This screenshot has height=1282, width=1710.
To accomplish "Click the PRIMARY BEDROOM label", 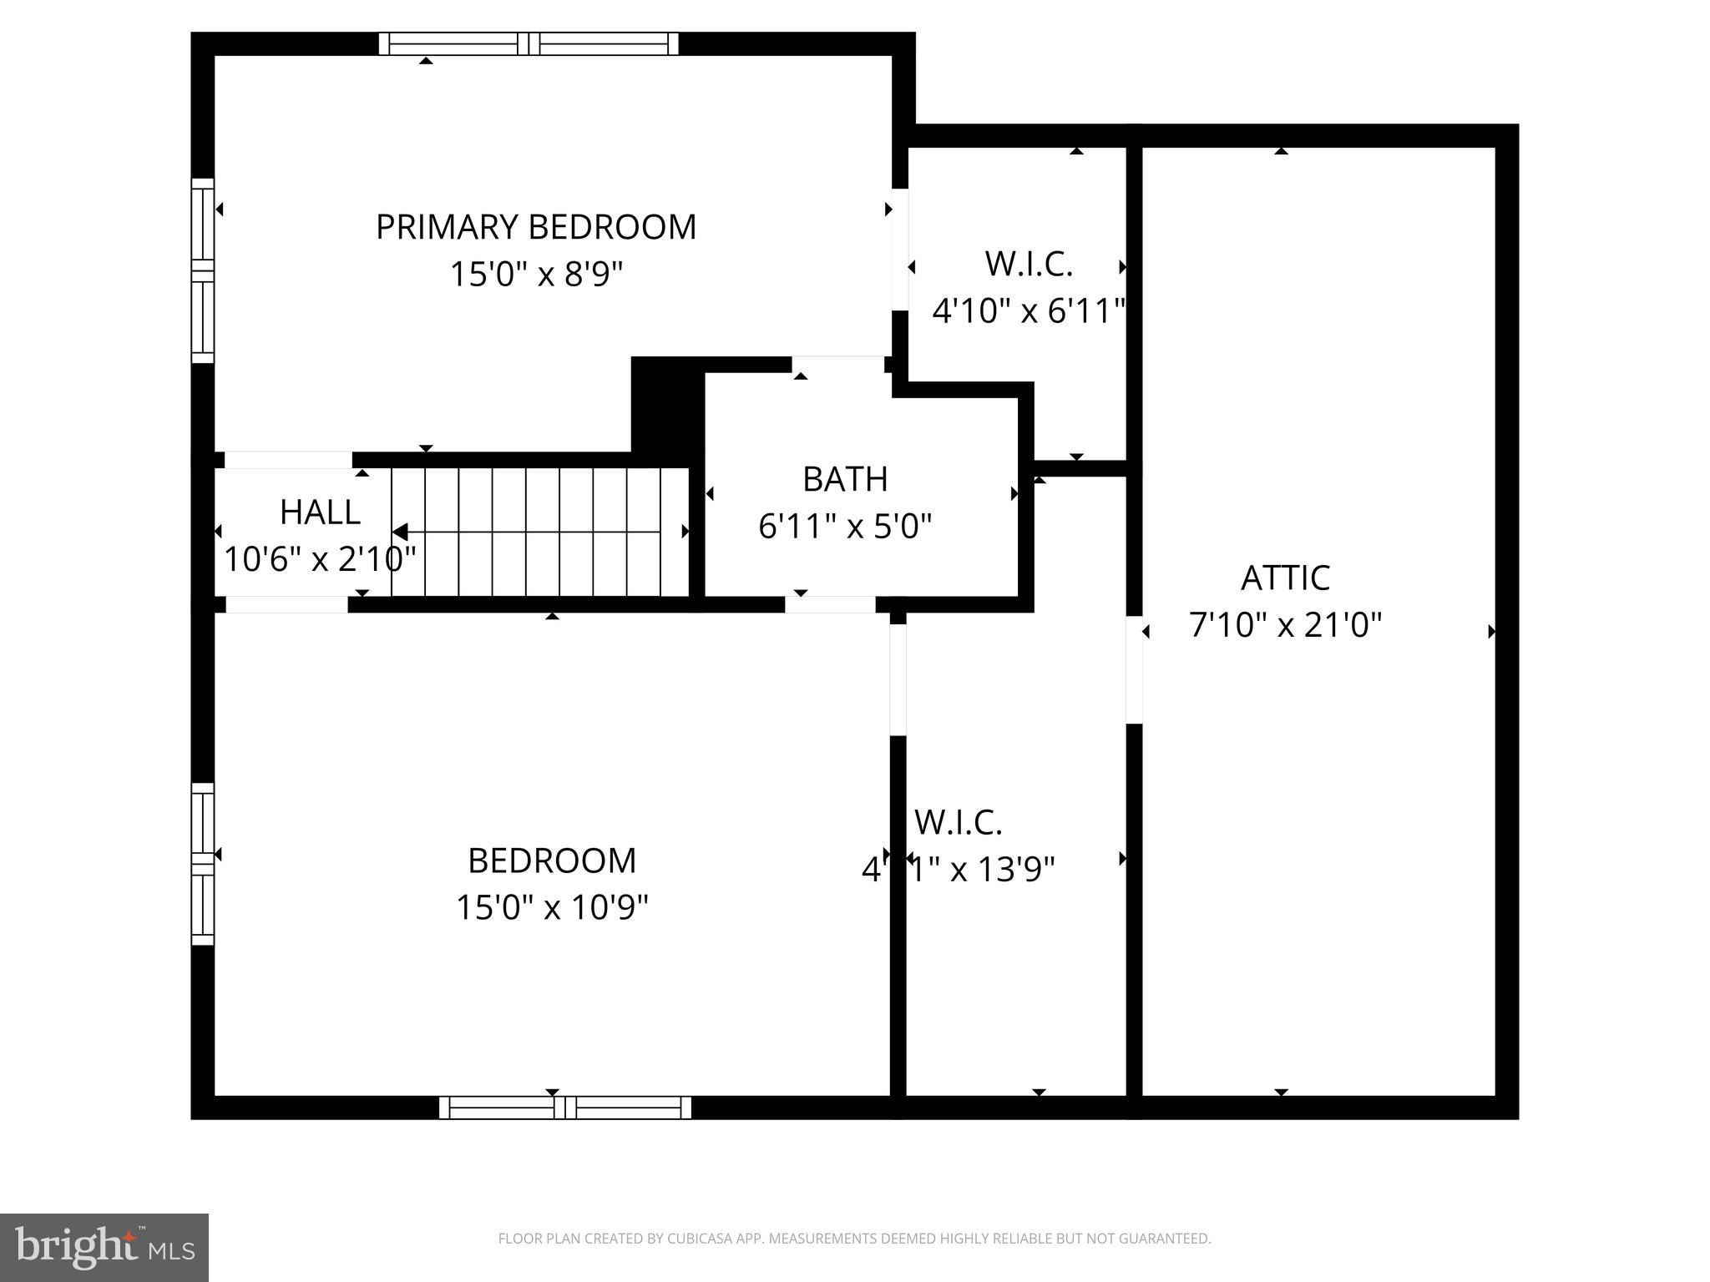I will point(536,227).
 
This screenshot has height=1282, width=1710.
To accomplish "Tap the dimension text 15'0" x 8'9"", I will point(536,274).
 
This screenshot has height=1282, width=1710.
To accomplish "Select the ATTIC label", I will point(1285,578).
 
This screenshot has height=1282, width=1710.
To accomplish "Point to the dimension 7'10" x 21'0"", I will point(1285,624).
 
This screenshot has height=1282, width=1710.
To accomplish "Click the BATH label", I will point(845,479).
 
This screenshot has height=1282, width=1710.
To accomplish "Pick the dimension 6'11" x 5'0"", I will point(845,527).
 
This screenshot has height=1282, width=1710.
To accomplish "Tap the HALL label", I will point(320,512).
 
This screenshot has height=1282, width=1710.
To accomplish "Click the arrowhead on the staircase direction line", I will point(400,532).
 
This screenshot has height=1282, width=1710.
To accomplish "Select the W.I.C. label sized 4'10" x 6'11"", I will point(1029,264).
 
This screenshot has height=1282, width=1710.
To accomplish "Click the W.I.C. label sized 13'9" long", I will point(958,822).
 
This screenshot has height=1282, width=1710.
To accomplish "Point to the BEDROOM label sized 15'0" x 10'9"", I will point(552,861).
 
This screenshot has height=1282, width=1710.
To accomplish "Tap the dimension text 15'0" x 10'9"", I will point(552,907).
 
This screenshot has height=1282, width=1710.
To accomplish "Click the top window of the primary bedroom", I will point(529,43).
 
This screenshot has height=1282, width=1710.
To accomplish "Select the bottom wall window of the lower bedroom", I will point(565,1108).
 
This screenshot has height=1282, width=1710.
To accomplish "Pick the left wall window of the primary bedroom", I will point(203,270).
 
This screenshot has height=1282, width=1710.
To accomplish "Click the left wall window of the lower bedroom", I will point(203,864).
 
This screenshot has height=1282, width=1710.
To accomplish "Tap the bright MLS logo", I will point(104,1247).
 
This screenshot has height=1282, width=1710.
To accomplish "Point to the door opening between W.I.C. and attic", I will point(1134,669).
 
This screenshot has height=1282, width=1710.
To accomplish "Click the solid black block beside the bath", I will point(666,406).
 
